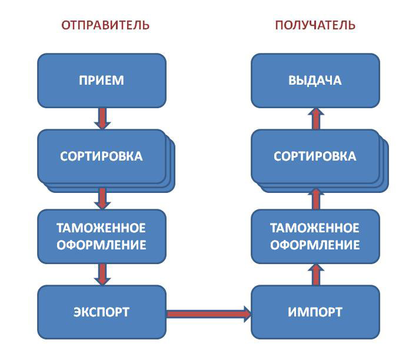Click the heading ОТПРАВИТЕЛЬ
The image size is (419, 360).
click(105, 25)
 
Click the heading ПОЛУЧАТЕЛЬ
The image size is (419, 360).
click(315, 25)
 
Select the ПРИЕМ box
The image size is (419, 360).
click(101, 81)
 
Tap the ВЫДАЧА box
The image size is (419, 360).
click(315, 81)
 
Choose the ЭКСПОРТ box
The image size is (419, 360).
click(101, 312)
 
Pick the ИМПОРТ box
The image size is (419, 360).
click(315, 312)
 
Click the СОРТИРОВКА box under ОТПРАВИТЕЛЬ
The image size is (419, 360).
click(101, 156)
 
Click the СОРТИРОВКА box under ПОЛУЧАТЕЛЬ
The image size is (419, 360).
click(315, 156)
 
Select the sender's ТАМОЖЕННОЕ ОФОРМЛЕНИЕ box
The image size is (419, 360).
click(101, 236)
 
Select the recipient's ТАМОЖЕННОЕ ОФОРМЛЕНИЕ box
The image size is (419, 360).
click(315, 236)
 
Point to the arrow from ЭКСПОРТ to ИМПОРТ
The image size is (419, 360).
click(209, 313)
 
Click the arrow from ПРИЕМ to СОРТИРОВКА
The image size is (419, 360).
click(102, 118)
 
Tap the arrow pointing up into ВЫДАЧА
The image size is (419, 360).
click(315, 118)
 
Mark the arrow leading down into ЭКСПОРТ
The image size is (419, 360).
click(102, 274)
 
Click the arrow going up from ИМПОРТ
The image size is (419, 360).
click(315, 274)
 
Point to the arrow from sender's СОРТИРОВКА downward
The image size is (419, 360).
click(102, 198)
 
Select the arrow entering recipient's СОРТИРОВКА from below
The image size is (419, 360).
click(315, 199)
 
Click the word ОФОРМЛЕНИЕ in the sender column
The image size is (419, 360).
click(101, 244)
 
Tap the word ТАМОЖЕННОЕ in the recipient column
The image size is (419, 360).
click(315, 228)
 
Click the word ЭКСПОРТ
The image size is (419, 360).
click(101, 312)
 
